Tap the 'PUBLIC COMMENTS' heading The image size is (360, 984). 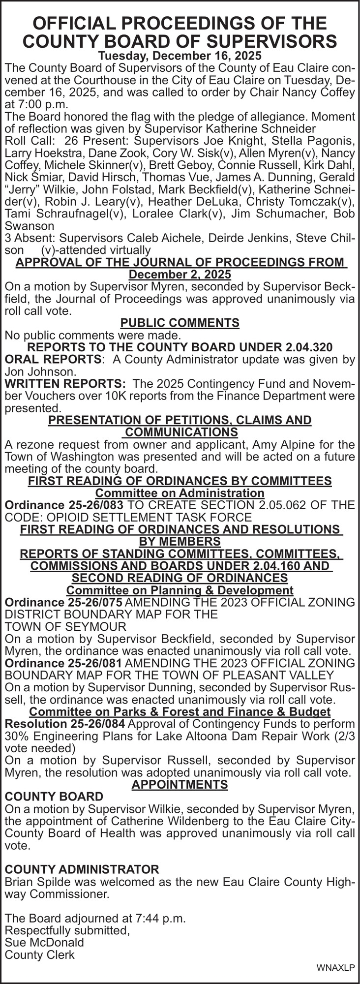click(180, 323)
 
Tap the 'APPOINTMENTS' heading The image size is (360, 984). click(180, 784)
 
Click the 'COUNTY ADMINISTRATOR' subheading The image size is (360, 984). click(82, 869)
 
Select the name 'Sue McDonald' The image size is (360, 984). click(44, 942)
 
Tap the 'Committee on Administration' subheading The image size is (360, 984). click(180, 493)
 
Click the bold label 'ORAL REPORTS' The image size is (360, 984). click(54, 360)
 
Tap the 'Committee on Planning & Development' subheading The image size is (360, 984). click(180, 590)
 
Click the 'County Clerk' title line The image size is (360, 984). click(39, 954)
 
